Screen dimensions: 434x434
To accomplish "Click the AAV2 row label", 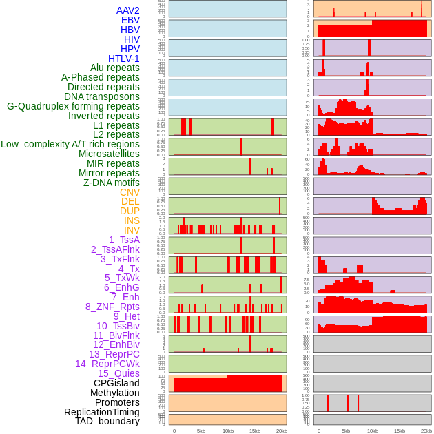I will click(128, 10).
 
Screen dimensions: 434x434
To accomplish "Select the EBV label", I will click(130, 20).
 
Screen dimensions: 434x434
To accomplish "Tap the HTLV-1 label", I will click(124, 59).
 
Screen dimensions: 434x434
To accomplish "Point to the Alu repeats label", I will click(115, 68).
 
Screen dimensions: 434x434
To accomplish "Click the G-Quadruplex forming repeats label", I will click(73, 106).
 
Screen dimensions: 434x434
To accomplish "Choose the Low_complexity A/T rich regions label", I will click(70, 144).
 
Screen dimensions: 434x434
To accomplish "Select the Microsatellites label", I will click(109, 154).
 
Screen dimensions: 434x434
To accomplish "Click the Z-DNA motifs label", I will click(112, 183).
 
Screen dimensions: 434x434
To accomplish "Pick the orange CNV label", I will click(130, 192).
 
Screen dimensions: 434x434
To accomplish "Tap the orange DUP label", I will click(130, 211).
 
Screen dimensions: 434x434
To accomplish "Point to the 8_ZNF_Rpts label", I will click(112, 307).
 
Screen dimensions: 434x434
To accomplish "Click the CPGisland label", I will click(116, 383).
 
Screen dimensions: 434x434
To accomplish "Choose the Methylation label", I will click(114, 393).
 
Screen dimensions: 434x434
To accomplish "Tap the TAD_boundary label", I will click(107, 421).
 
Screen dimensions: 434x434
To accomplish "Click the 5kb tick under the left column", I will click(201, 431).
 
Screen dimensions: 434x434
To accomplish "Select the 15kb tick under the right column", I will click(400, 431).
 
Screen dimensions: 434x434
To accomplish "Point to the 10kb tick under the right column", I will click(373, 431).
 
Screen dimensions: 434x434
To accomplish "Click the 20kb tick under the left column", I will click(282, 431).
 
